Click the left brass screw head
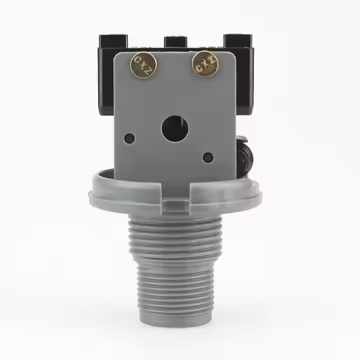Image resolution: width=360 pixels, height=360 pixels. (143, 64)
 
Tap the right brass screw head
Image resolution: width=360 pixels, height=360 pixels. (204, 63)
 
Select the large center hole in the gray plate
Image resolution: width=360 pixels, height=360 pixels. (175, 128)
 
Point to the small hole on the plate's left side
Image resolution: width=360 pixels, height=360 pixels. (129, 138)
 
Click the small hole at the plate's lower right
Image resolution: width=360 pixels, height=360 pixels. (208, 157)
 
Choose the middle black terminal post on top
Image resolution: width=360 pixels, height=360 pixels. (175, 42)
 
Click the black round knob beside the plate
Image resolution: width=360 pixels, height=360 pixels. (245, 157)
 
